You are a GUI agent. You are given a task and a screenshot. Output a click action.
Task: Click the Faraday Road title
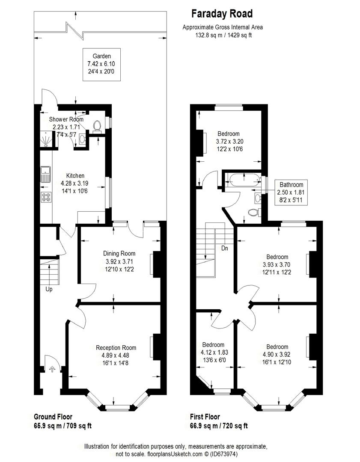(x=222, y=14)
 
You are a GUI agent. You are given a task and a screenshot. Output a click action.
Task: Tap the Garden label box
(x=102, y=65)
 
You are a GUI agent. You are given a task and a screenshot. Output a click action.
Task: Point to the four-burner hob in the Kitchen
(x=46, y=197)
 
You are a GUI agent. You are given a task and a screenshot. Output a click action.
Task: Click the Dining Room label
(x=119, y=253)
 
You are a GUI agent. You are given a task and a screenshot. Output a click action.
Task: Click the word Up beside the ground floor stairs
(x=49, y=289)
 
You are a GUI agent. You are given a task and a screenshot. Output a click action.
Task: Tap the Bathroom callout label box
(x=292, y=192)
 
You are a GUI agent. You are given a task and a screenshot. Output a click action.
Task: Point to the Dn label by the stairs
(x=225, y=249)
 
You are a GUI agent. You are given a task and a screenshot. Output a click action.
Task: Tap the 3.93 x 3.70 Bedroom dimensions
(x=277, y=265)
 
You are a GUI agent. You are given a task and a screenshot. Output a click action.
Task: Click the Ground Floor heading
(x=53, y=417)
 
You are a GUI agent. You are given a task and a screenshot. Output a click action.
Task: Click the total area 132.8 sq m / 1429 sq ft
(x=223, y=35)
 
